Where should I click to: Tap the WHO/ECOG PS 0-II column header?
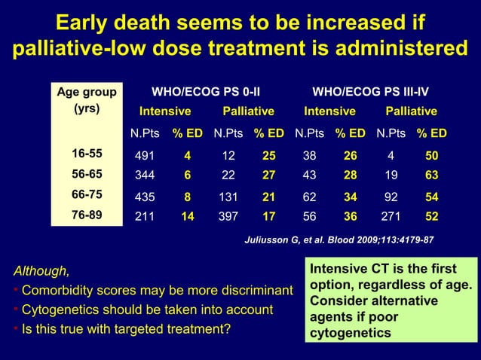point(207,93)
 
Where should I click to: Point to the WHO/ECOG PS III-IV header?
point(371,93)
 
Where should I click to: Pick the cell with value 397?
point(227,215)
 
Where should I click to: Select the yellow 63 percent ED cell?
point(432,175)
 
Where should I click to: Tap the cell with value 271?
point(391,215)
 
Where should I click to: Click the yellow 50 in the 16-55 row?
point(432,156)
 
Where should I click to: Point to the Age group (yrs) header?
point(87,100)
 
